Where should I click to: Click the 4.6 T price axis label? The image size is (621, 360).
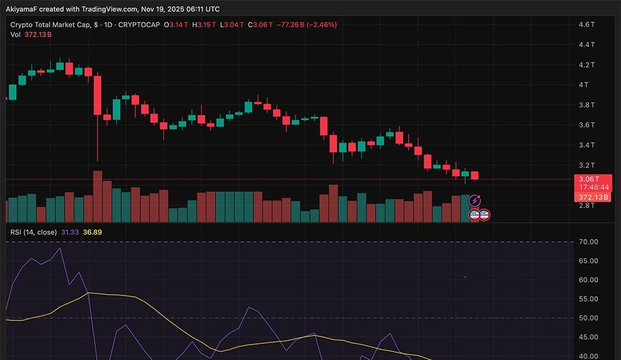(x=587, y=24)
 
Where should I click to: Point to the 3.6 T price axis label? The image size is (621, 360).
(x=587, y=125)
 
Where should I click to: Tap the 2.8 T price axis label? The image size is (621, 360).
(x=587, y=205)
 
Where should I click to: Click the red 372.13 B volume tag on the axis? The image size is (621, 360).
(x=593, y=197)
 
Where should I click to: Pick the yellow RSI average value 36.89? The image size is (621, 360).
(x=93, y=232)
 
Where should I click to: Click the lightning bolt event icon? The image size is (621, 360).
(x=475, y=200)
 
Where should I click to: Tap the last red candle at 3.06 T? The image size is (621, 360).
(x=475, y=175)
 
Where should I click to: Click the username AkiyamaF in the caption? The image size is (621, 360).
(x=22, y=8)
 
